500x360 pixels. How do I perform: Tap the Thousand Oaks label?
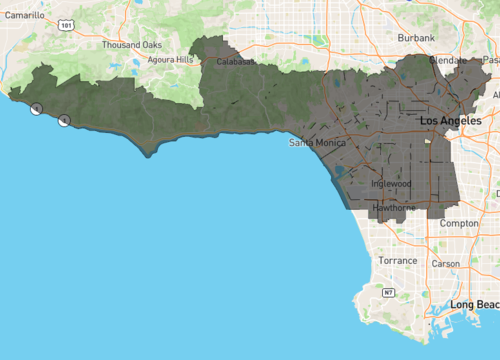click(x=131, y=45)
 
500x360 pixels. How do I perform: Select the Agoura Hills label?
click(x=171, y=60)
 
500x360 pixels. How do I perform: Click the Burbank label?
click(x=416, y=37)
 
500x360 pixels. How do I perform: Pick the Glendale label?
click(x=447, y=60)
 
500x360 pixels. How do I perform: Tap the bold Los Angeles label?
click(x=458, y=120)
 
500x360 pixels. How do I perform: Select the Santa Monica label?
click(x=317, y=143)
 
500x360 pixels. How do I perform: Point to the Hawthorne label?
click(x=396, y=208)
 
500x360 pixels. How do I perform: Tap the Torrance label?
click(x=397, y=260)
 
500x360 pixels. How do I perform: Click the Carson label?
click(x=446, y=264)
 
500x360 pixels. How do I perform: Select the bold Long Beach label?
click(x=474, y=304)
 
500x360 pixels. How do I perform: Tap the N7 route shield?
click(x=389, y=293)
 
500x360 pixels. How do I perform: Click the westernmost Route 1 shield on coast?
click(x=37, y=108)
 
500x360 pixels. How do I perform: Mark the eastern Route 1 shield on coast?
click(x=65, y=121)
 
